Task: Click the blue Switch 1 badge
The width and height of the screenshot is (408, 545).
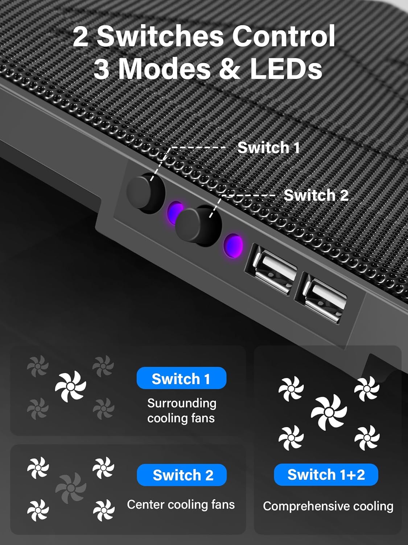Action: click(x=181, y=378)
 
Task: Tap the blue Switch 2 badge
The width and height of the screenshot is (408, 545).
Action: click(x=182, y=475)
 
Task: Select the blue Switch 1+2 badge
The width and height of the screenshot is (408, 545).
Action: click(x=326, y=475)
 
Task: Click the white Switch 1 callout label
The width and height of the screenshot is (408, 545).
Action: click(x=268, y=148)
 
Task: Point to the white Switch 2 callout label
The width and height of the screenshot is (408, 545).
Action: click(x=316, y=195)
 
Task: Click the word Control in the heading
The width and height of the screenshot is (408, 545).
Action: click(x=283, y=36)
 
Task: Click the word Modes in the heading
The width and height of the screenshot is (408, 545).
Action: click(x=165, y=69)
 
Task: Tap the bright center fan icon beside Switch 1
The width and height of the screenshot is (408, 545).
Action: click(x=70, y=386)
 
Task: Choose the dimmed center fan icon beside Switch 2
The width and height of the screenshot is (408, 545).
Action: click(x=71, y=488)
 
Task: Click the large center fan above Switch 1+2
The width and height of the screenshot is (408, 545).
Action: click(x=329, y=412)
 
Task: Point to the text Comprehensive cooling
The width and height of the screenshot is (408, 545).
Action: click(x=328, y=506)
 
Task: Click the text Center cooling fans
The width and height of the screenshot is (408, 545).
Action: click(x=181, y=504)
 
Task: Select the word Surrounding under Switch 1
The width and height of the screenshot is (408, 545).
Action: click(x=182, y=403)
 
